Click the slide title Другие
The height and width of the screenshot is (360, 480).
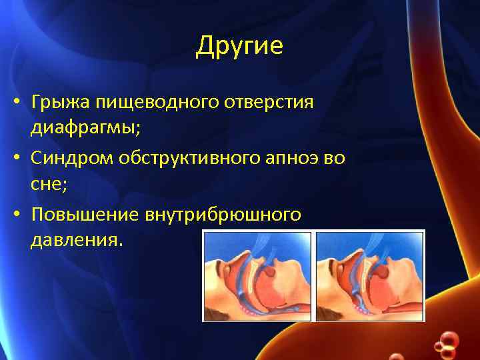(x=239, y=47)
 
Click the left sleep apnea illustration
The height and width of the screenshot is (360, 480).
(x=257, y=276)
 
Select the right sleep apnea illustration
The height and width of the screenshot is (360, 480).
(x=370, y=276)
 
